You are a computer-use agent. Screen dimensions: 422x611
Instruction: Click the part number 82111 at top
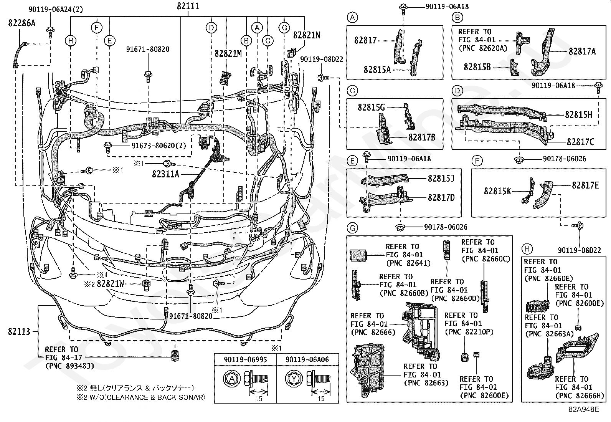click(x=188, y=6)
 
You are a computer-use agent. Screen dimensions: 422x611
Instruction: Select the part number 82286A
click(x=21, y=23)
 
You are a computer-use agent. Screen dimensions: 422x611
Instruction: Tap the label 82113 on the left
click(x=19, y=331)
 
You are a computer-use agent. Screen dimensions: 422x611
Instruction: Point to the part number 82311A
click(x=166, y=174)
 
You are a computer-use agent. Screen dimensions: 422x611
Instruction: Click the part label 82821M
click(x=228, y=54)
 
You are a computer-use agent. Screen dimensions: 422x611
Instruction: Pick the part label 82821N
click(x=307, y=35)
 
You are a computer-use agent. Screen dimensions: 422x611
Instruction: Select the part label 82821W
click(x=111, y=284)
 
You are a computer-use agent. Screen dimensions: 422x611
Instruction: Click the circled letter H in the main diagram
click(x=71, y=41)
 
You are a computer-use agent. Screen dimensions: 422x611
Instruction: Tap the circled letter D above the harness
click(x=211, y=28)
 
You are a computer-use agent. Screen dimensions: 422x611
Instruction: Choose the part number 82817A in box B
click(x=582, y=51)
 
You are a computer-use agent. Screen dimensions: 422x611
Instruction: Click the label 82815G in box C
click(x=371, y=107)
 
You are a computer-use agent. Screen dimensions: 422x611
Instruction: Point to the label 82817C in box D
click(x=580, y=142)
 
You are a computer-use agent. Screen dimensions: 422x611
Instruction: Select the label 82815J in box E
click(x=441, y=178)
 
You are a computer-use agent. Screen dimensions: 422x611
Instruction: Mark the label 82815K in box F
click(x=497, y=191)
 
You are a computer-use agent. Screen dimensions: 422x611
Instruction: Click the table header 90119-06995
click(x=245, y=359)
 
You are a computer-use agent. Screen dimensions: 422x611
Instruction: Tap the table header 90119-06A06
click(x=307, y=359)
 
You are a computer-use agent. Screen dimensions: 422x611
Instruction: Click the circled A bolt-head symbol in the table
click(x=231, y=379)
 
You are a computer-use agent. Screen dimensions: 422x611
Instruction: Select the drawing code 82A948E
click(x=584, y=409)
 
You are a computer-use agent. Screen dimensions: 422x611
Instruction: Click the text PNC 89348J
click(x=69, y=366)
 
